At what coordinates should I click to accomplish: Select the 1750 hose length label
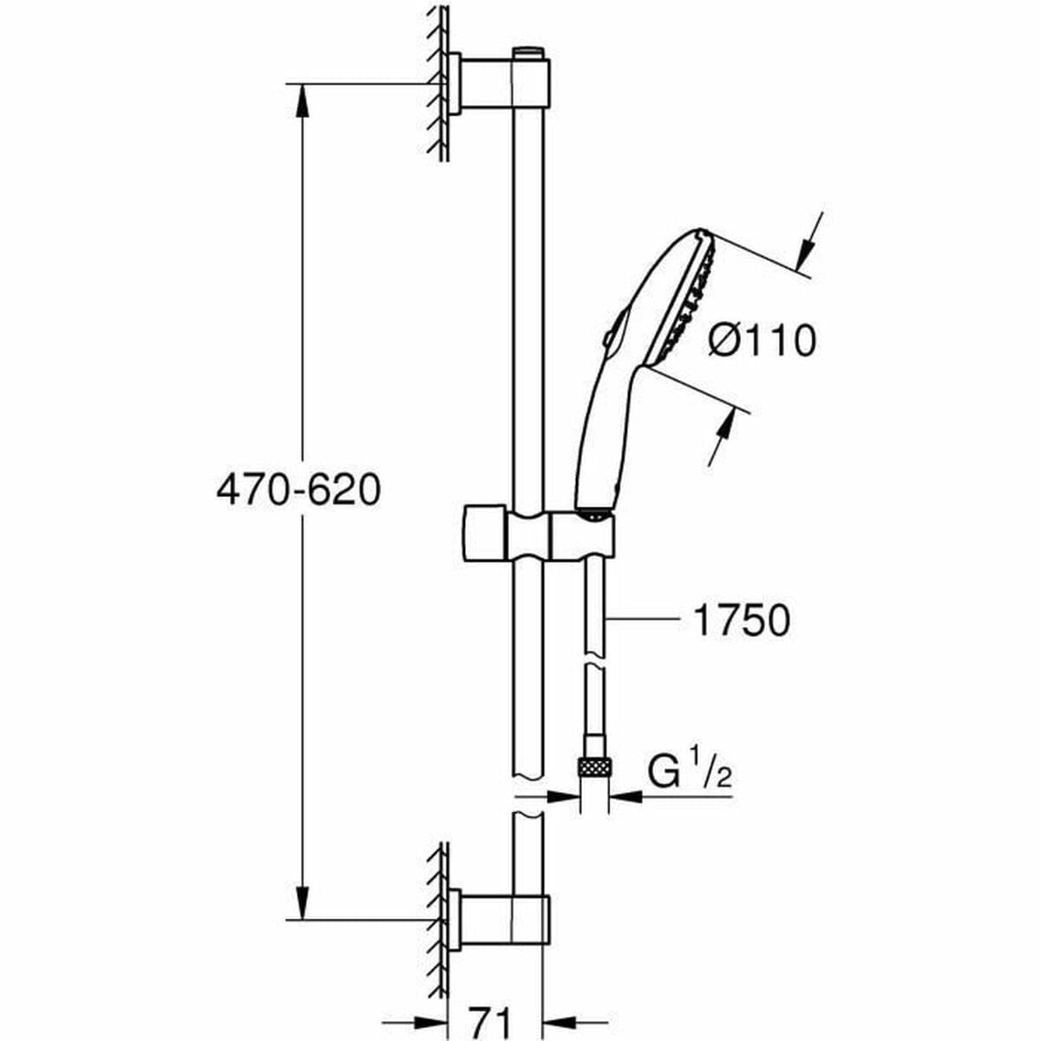point(741,620)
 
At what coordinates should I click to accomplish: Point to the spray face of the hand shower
point(694,295)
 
